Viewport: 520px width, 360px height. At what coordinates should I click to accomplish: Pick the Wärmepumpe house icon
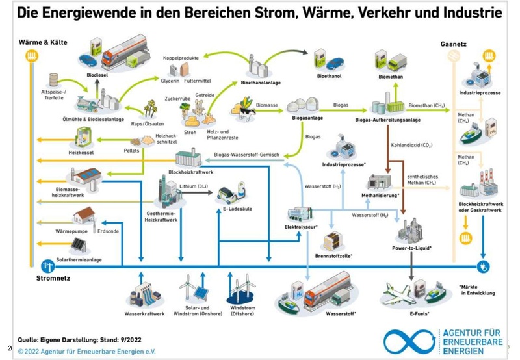tap(83, 217)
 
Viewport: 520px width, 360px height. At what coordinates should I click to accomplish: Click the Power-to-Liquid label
tap(412, 248)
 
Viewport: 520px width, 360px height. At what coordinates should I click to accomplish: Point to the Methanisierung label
tap(380, 194)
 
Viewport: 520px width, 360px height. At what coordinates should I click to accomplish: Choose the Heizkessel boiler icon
tap(83, 137)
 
